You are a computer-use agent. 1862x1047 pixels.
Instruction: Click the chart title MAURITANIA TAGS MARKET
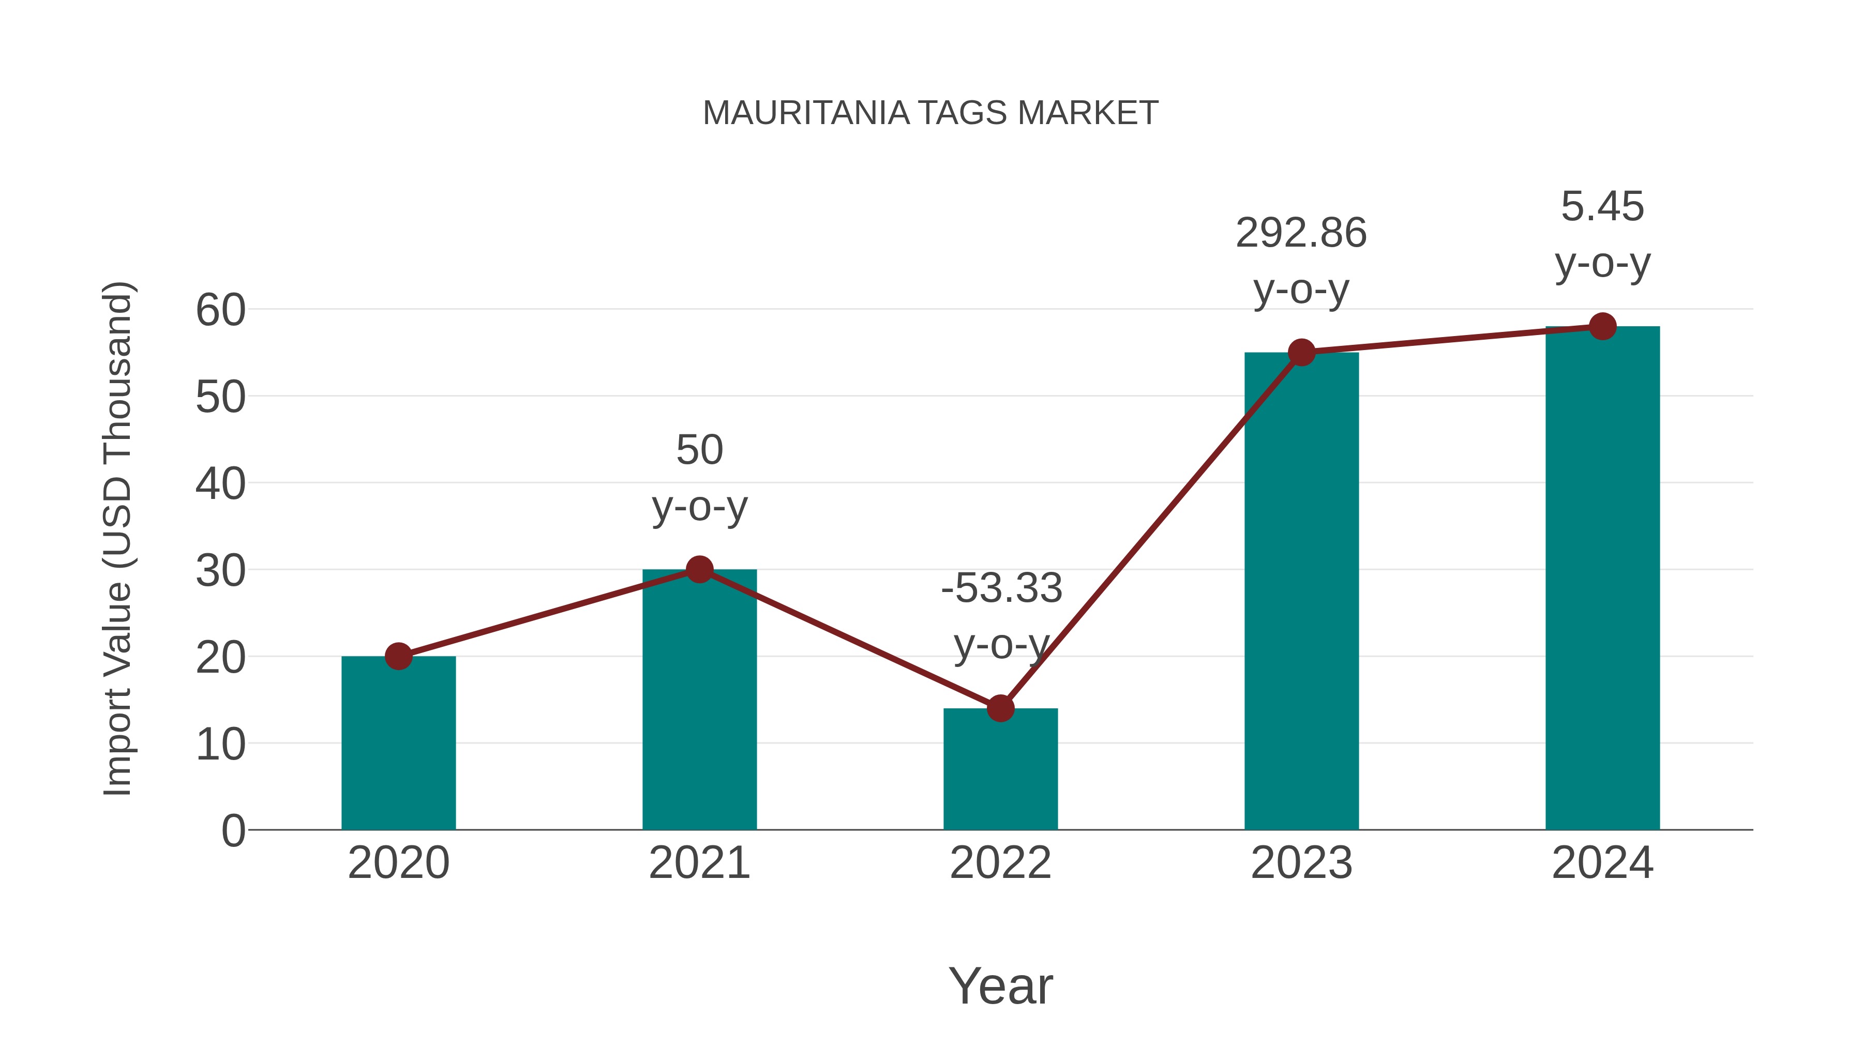930,113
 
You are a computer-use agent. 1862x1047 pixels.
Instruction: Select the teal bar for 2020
398,744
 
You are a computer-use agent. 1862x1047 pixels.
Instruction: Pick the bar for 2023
1301,593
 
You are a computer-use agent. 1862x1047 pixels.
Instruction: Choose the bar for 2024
1602,578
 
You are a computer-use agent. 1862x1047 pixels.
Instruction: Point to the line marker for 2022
1000,709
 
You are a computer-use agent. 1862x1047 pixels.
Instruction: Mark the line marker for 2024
1602,327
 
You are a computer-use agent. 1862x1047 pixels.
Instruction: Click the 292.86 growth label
1301,233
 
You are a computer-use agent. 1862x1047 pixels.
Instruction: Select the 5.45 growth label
1602,207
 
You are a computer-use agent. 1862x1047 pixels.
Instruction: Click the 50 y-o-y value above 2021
699,450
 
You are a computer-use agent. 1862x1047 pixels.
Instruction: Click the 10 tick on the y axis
220,745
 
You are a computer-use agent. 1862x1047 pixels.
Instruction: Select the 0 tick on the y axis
233,831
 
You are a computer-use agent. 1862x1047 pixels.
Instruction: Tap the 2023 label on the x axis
1301,863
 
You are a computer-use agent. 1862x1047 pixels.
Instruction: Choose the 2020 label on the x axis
398,863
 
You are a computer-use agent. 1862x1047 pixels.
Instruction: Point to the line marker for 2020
398,657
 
